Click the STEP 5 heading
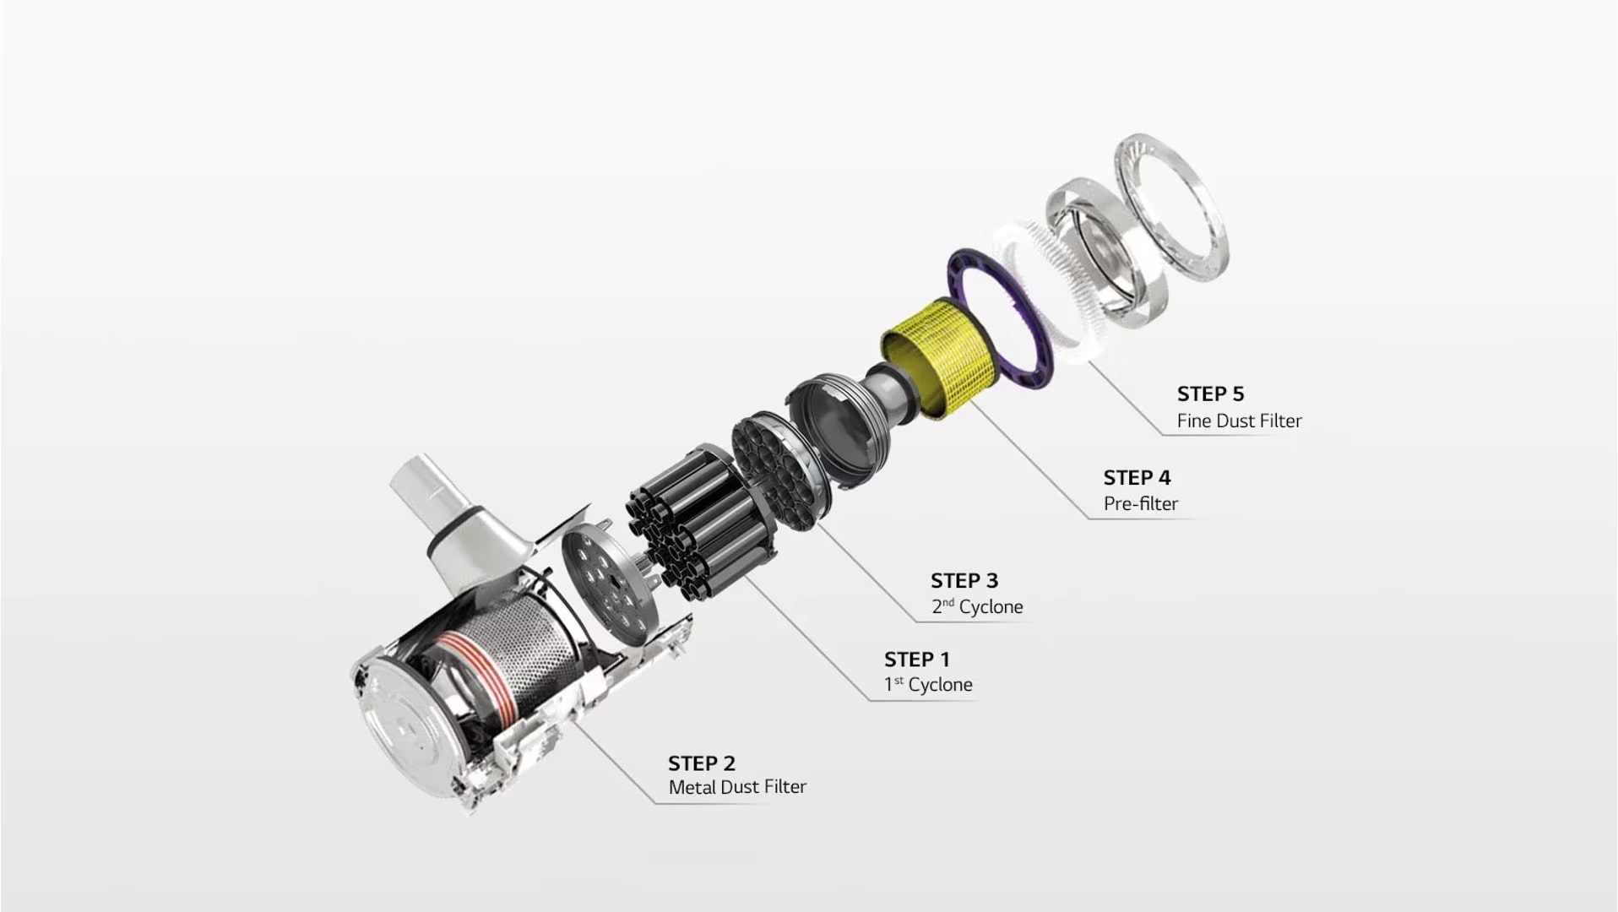(1210, 394)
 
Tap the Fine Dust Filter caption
(1239, 421)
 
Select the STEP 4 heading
(1137, 477)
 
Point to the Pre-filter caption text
(1140, 503)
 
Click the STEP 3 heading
(964, 580)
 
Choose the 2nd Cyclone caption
(977, 606)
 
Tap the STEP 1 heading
(916, 659)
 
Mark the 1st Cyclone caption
(928, 684)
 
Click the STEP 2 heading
(701, 763)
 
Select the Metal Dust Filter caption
(737, 787)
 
